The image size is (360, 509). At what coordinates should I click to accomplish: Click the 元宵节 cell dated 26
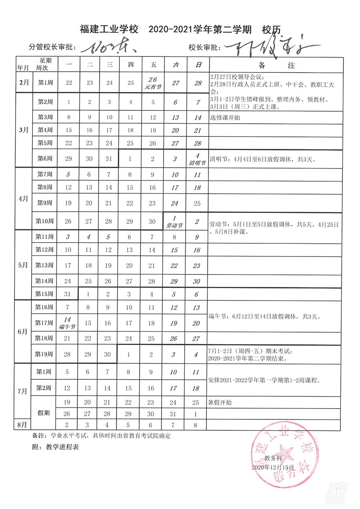point(153,82)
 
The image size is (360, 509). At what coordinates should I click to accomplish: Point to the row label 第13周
point(44,266)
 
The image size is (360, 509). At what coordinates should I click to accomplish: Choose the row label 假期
point(44,413)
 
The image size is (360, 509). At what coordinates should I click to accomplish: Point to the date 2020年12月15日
point(273,467)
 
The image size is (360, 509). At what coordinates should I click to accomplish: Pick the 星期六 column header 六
point(175,64)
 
